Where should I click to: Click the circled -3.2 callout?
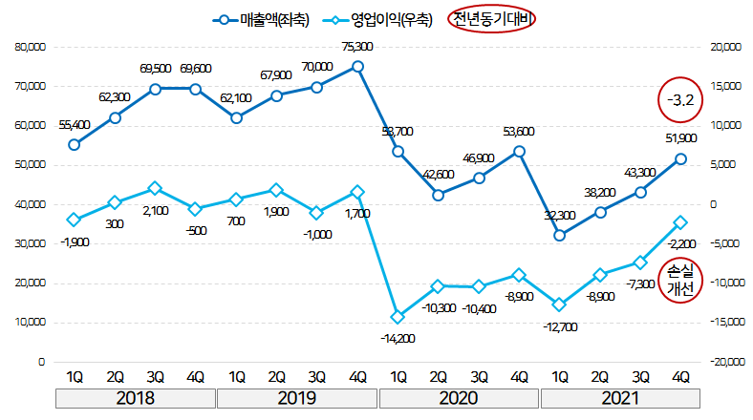681,98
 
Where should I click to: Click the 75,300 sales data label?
357,46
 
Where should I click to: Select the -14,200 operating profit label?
397,338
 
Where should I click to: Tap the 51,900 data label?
679,138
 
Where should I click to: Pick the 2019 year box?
297,397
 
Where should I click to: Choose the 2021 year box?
620,397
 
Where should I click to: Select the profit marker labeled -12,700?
560,304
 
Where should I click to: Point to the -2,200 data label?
679,244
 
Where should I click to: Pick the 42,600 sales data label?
438,174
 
